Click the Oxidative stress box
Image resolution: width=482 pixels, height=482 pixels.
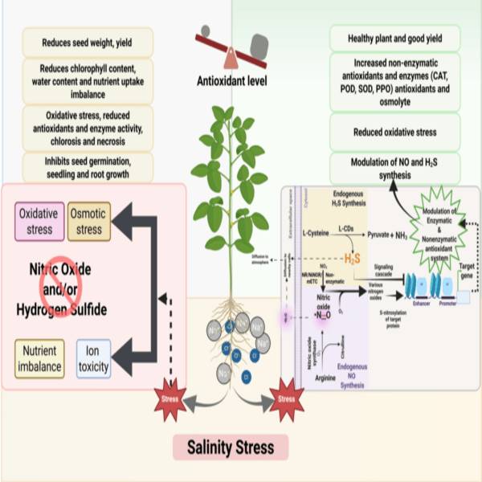click(37, 222)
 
